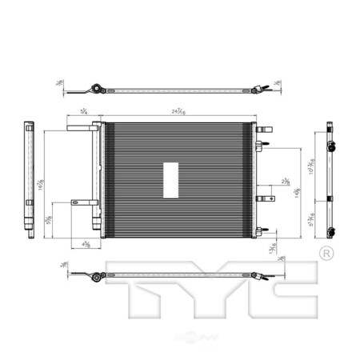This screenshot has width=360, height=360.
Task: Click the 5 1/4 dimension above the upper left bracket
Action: click(x=85, y=114)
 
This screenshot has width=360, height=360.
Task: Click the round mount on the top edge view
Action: click(x=96, y=89)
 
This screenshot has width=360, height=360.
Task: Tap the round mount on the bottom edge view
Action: click(x=96, y=278)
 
